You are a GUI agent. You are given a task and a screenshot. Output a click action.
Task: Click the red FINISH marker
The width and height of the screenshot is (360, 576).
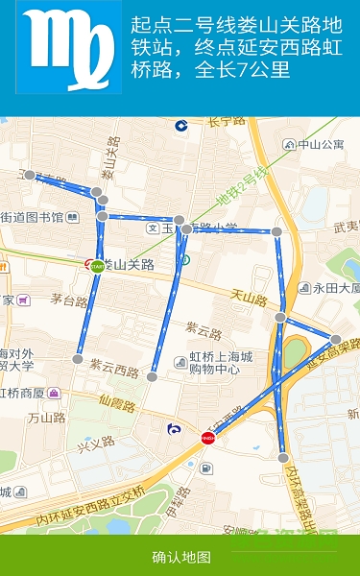(x=207, y=438)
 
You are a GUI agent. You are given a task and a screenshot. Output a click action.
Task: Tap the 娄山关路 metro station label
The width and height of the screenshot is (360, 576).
(x=129, y=265)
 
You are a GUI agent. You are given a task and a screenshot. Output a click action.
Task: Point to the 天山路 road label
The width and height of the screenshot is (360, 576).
(x=249, y=300)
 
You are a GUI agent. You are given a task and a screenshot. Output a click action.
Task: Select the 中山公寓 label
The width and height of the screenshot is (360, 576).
(x=320, y=145)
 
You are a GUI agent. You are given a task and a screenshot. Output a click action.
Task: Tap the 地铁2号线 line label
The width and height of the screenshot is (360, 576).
(x=239, y=187)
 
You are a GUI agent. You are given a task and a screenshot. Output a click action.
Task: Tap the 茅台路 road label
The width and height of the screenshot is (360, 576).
(x=69, y=300)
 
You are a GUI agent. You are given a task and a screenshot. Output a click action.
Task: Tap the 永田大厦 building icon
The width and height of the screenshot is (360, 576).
(x=304, y=287)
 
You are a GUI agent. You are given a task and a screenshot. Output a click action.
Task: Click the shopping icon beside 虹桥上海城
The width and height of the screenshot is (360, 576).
(x=180, y=360)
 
